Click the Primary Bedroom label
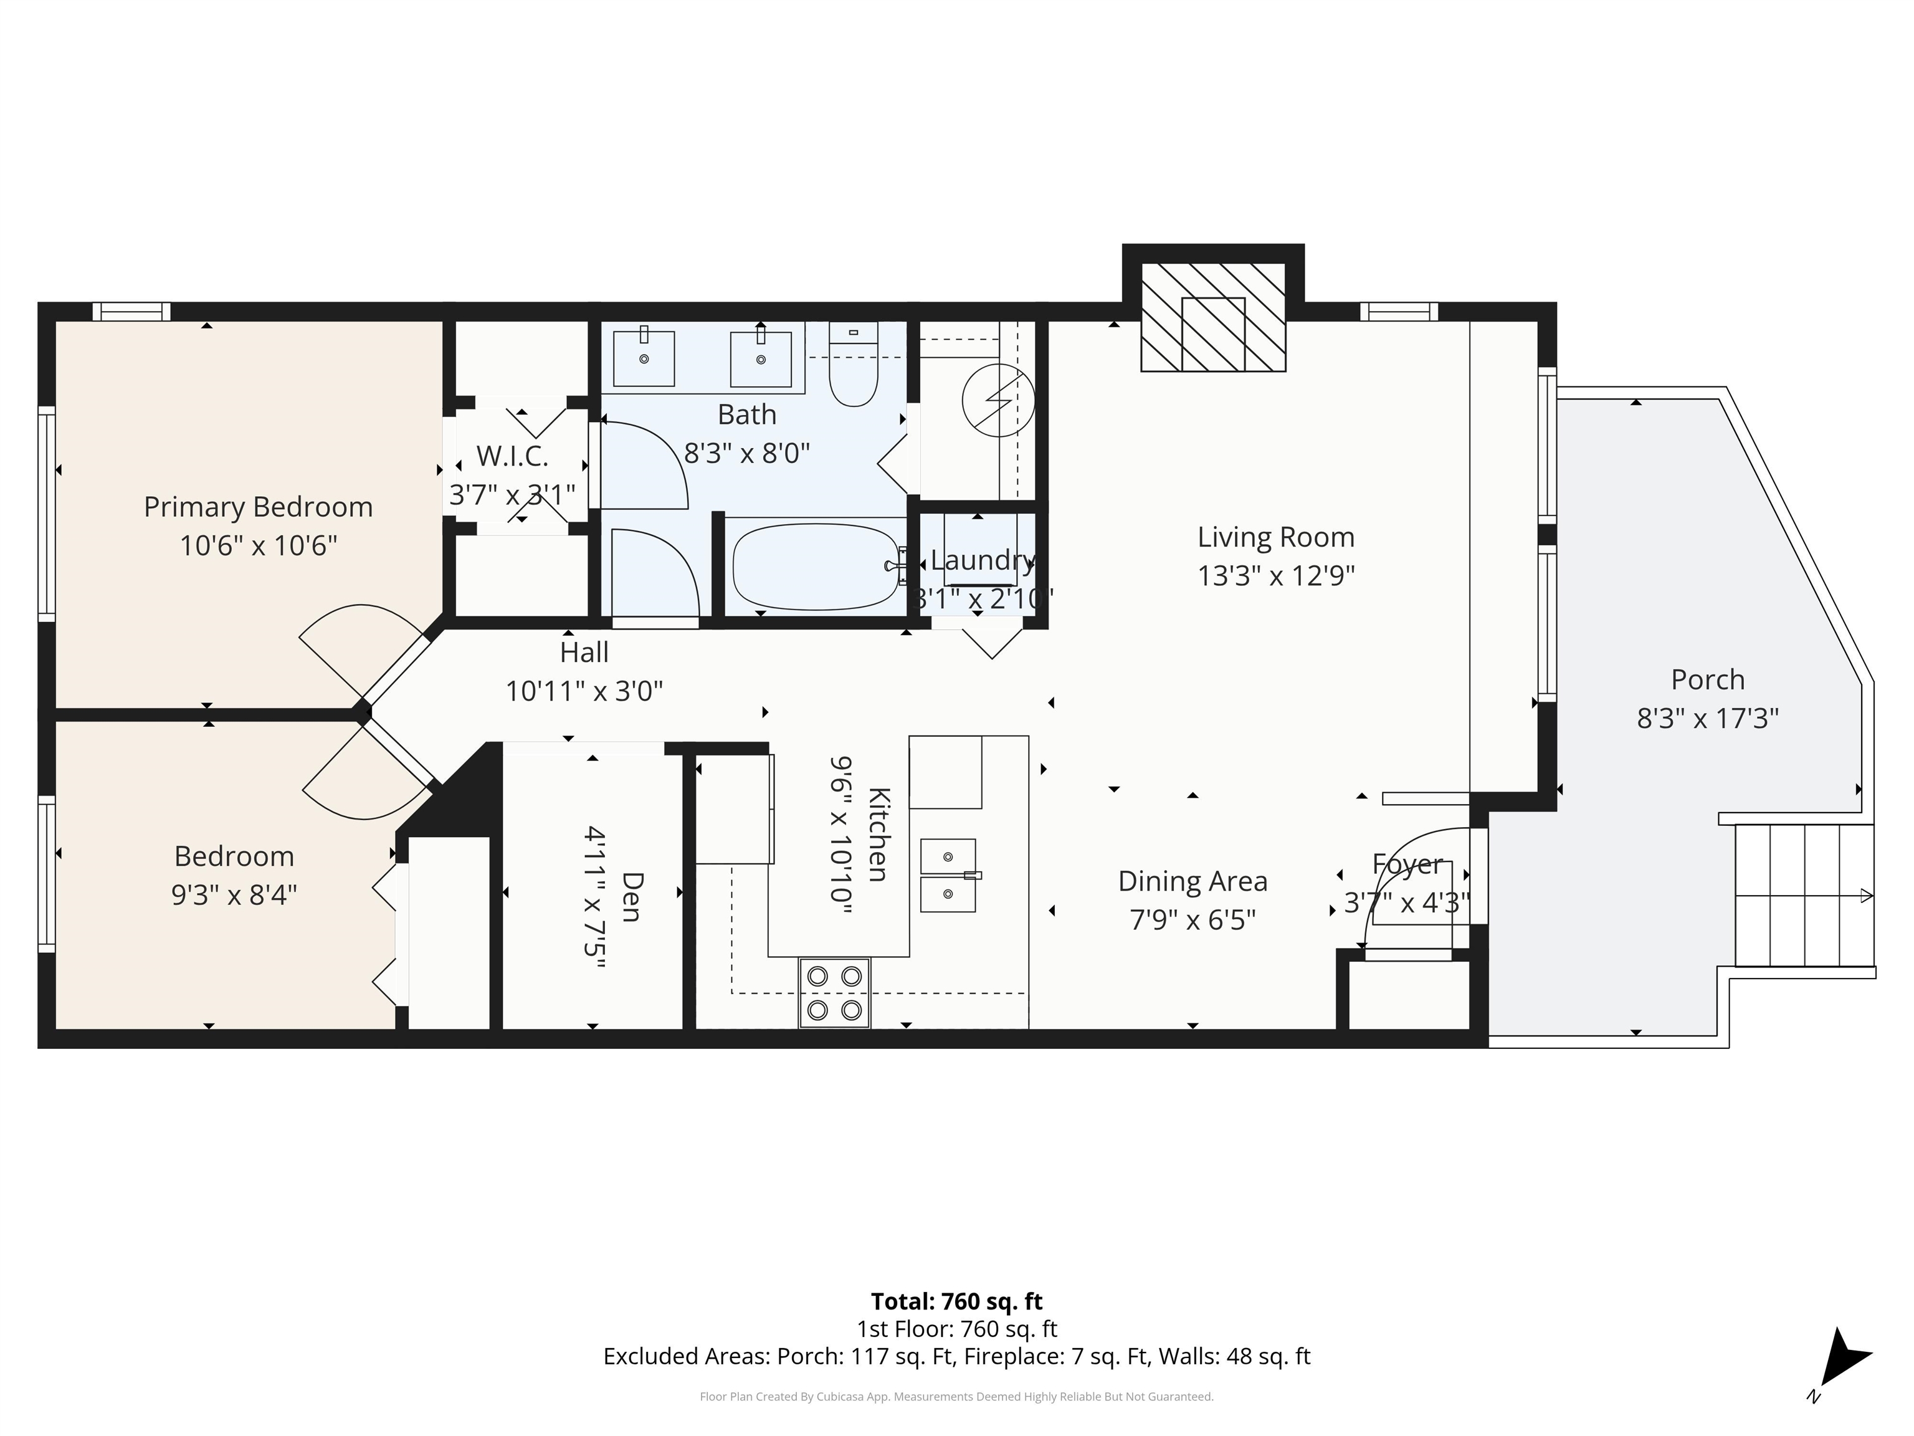[258, 507]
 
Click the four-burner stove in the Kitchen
[834, 993]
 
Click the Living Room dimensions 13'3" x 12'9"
[1275, 576]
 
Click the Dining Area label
[1193, 881]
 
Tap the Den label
[632, 897]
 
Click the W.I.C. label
[512, 456]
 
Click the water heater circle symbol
[999, 401]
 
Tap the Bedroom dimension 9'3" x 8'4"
[234, 894]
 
